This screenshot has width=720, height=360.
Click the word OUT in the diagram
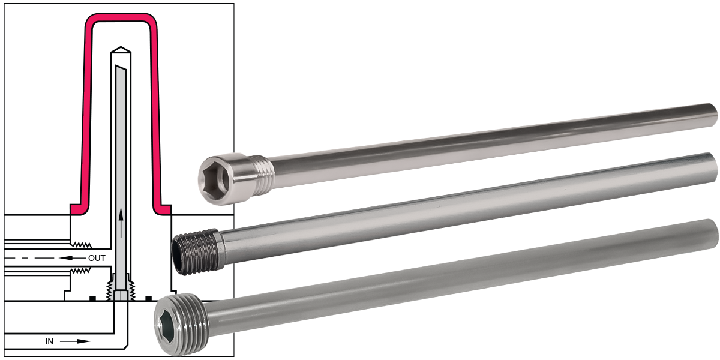(x=97, y=258)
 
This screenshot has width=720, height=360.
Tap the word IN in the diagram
(x=50, y=341)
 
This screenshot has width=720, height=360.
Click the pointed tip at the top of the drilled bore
(x=121, y=49)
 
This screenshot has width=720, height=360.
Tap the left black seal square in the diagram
(x=92, y=298)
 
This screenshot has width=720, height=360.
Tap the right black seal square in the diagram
(x=148, y=298)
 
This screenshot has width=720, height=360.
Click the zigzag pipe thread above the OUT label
(x=81, y=244)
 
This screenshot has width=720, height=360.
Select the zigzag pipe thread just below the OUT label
(x=81, y=271)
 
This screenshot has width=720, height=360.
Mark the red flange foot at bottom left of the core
(x=77, y=209)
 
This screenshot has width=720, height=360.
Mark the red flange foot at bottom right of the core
(x=163, y=209)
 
